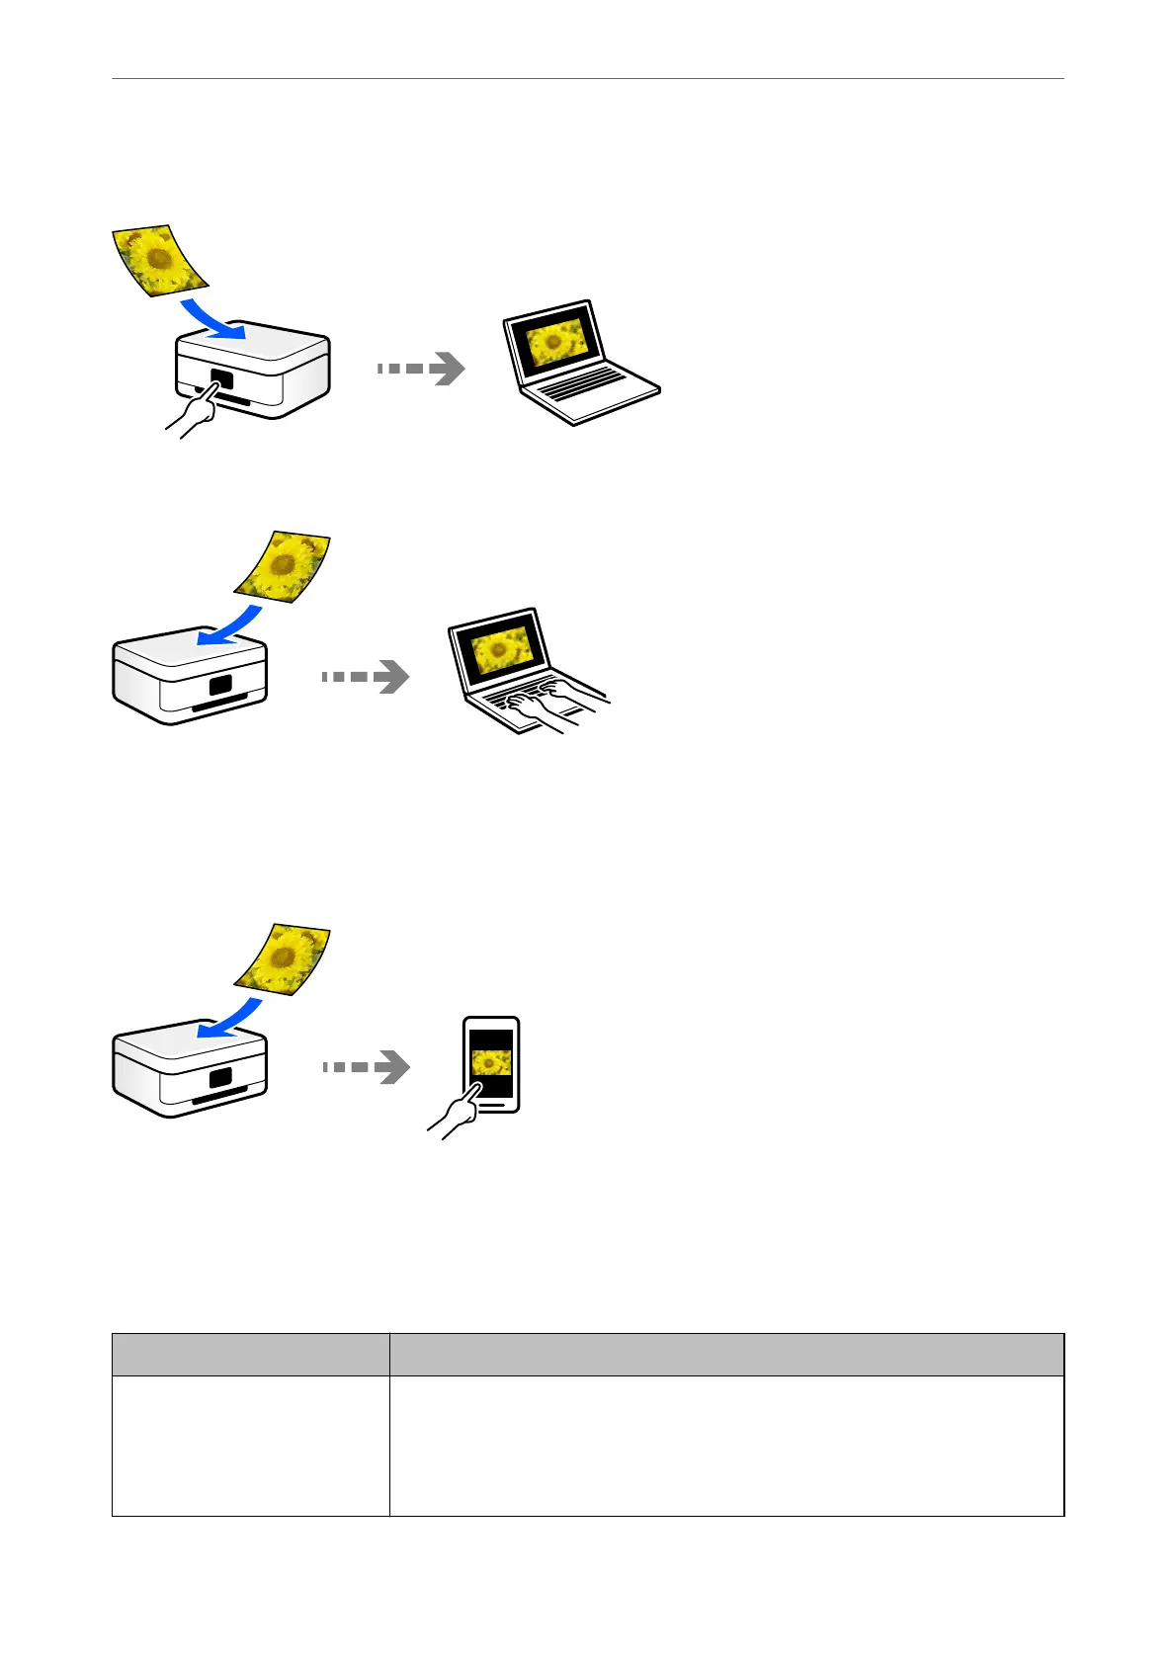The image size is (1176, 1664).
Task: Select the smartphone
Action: pyautogui.click(x=491, y=1064)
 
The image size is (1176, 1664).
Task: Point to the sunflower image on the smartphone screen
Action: pyautogui.click(x=491, y=1063)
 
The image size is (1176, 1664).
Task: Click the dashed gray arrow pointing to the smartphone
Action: pyautogui.click(x=367, y=1067)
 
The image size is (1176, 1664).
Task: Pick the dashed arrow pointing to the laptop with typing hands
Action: pyautogui.click(x=367, y=677)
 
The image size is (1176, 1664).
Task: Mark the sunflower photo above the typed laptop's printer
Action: pyautogui.click(x=284, y=566)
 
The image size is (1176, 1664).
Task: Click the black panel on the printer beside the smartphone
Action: pyautogui.click(x=221, y=1077)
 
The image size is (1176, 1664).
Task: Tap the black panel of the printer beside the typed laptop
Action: pyautogui.click(x=221, y=685)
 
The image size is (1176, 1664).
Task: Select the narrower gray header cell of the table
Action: pyautogui.click(x=250, y=1354)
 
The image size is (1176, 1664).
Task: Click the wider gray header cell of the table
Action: pyautogui.click(x=726, y=1354)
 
